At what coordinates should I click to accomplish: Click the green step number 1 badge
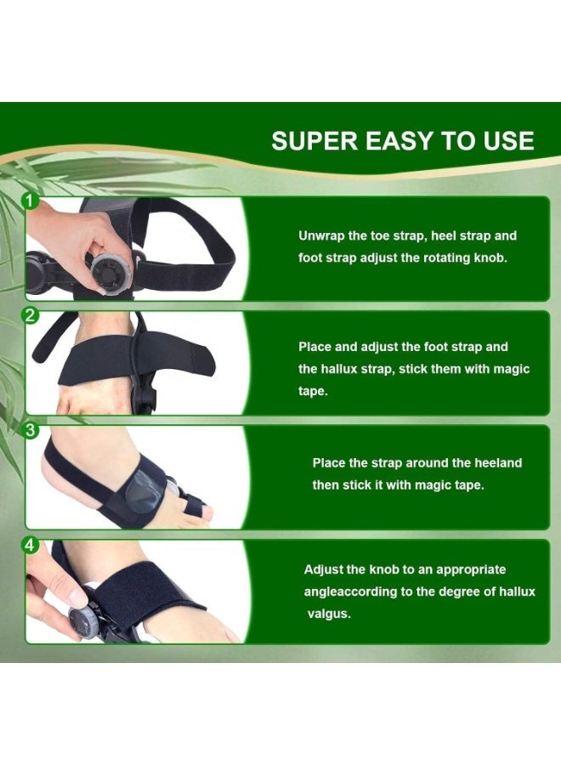click(x=31, y=201)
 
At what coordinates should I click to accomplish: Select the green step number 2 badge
click(x=31, y=315)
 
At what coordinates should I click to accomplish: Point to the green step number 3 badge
click(x=31, y=430)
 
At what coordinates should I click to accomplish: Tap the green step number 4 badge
click(x=31, y=545)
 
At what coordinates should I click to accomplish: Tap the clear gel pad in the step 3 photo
click(x=143, y=490)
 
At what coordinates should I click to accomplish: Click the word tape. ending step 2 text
click(x=313, y=391)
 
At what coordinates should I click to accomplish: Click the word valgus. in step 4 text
click(x=329, y=613)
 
